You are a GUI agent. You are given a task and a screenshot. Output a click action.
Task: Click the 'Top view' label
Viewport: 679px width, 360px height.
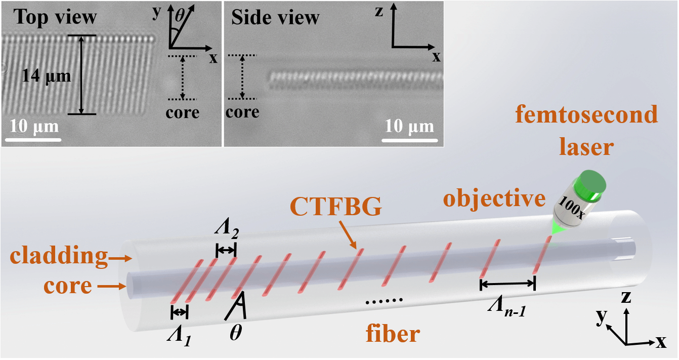pos(55,17)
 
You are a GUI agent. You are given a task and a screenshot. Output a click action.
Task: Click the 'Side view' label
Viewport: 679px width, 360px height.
pos(275,18)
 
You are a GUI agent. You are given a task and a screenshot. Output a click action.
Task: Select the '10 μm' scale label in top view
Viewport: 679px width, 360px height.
pos(35,126)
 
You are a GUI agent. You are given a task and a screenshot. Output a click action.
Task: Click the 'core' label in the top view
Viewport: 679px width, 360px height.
pos(183,112)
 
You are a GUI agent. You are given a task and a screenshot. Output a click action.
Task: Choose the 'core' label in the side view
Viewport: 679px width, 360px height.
pos(242,112)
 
